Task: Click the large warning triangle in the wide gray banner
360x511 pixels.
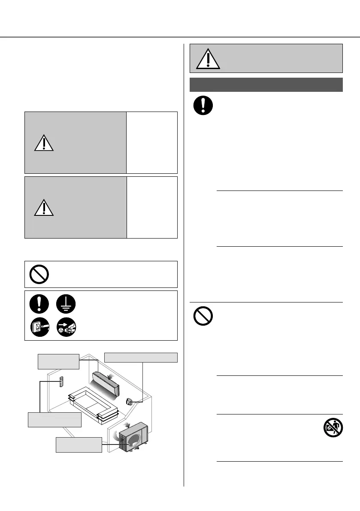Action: pos(208,59)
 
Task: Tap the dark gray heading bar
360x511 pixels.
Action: pos(266,85)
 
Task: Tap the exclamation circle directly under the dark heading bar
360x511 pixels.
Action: pos(203,106)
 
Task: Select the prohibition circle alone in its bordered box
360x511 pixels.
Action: pos(39,274)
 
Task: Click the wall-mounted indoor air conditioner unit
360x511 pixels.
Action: pos(108,384)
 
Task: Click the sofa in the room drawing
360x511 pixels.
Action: pos(92,405)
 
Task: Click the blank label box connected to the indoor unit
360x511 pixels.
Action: pos(58,361)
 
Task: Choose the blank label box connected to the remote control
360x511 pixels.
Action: pos(54,419)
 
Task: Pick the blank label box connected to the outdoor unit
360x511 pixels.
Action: pos(79,444)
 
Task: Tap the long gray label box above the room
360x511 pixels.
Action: pos(141,357)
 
